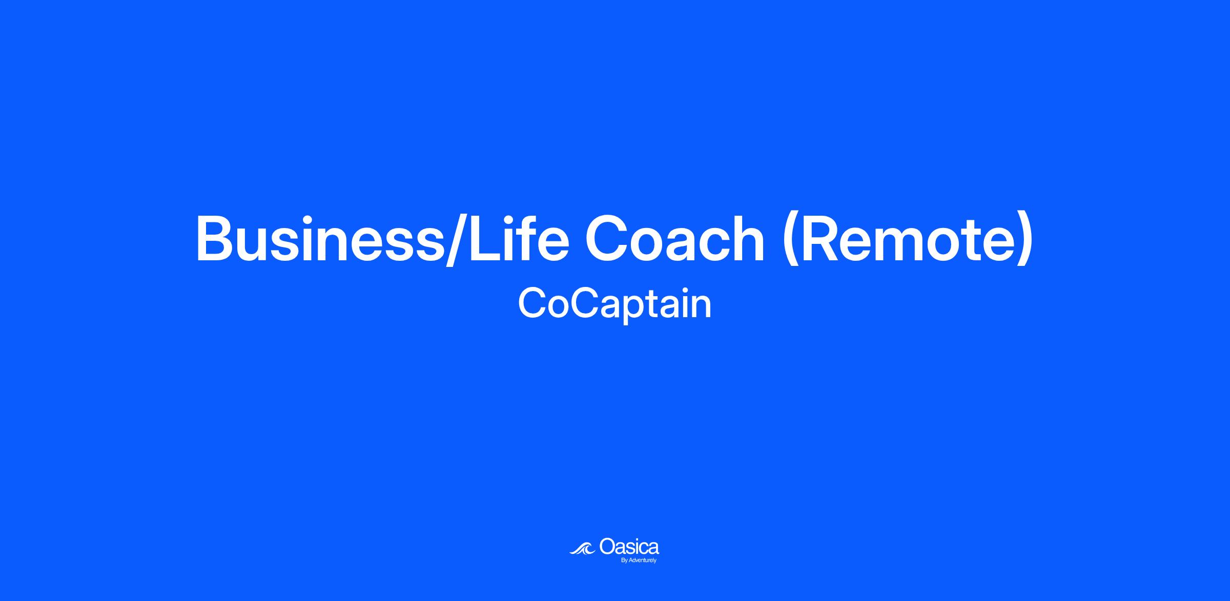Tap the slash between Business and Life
456,239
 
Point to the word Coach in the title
675,238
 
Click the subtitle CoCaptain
615,304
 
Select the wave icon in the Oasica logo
583,548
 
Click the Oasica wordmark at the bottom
629,546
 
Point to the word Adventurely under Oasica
642,561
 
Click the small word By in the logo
624,561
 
